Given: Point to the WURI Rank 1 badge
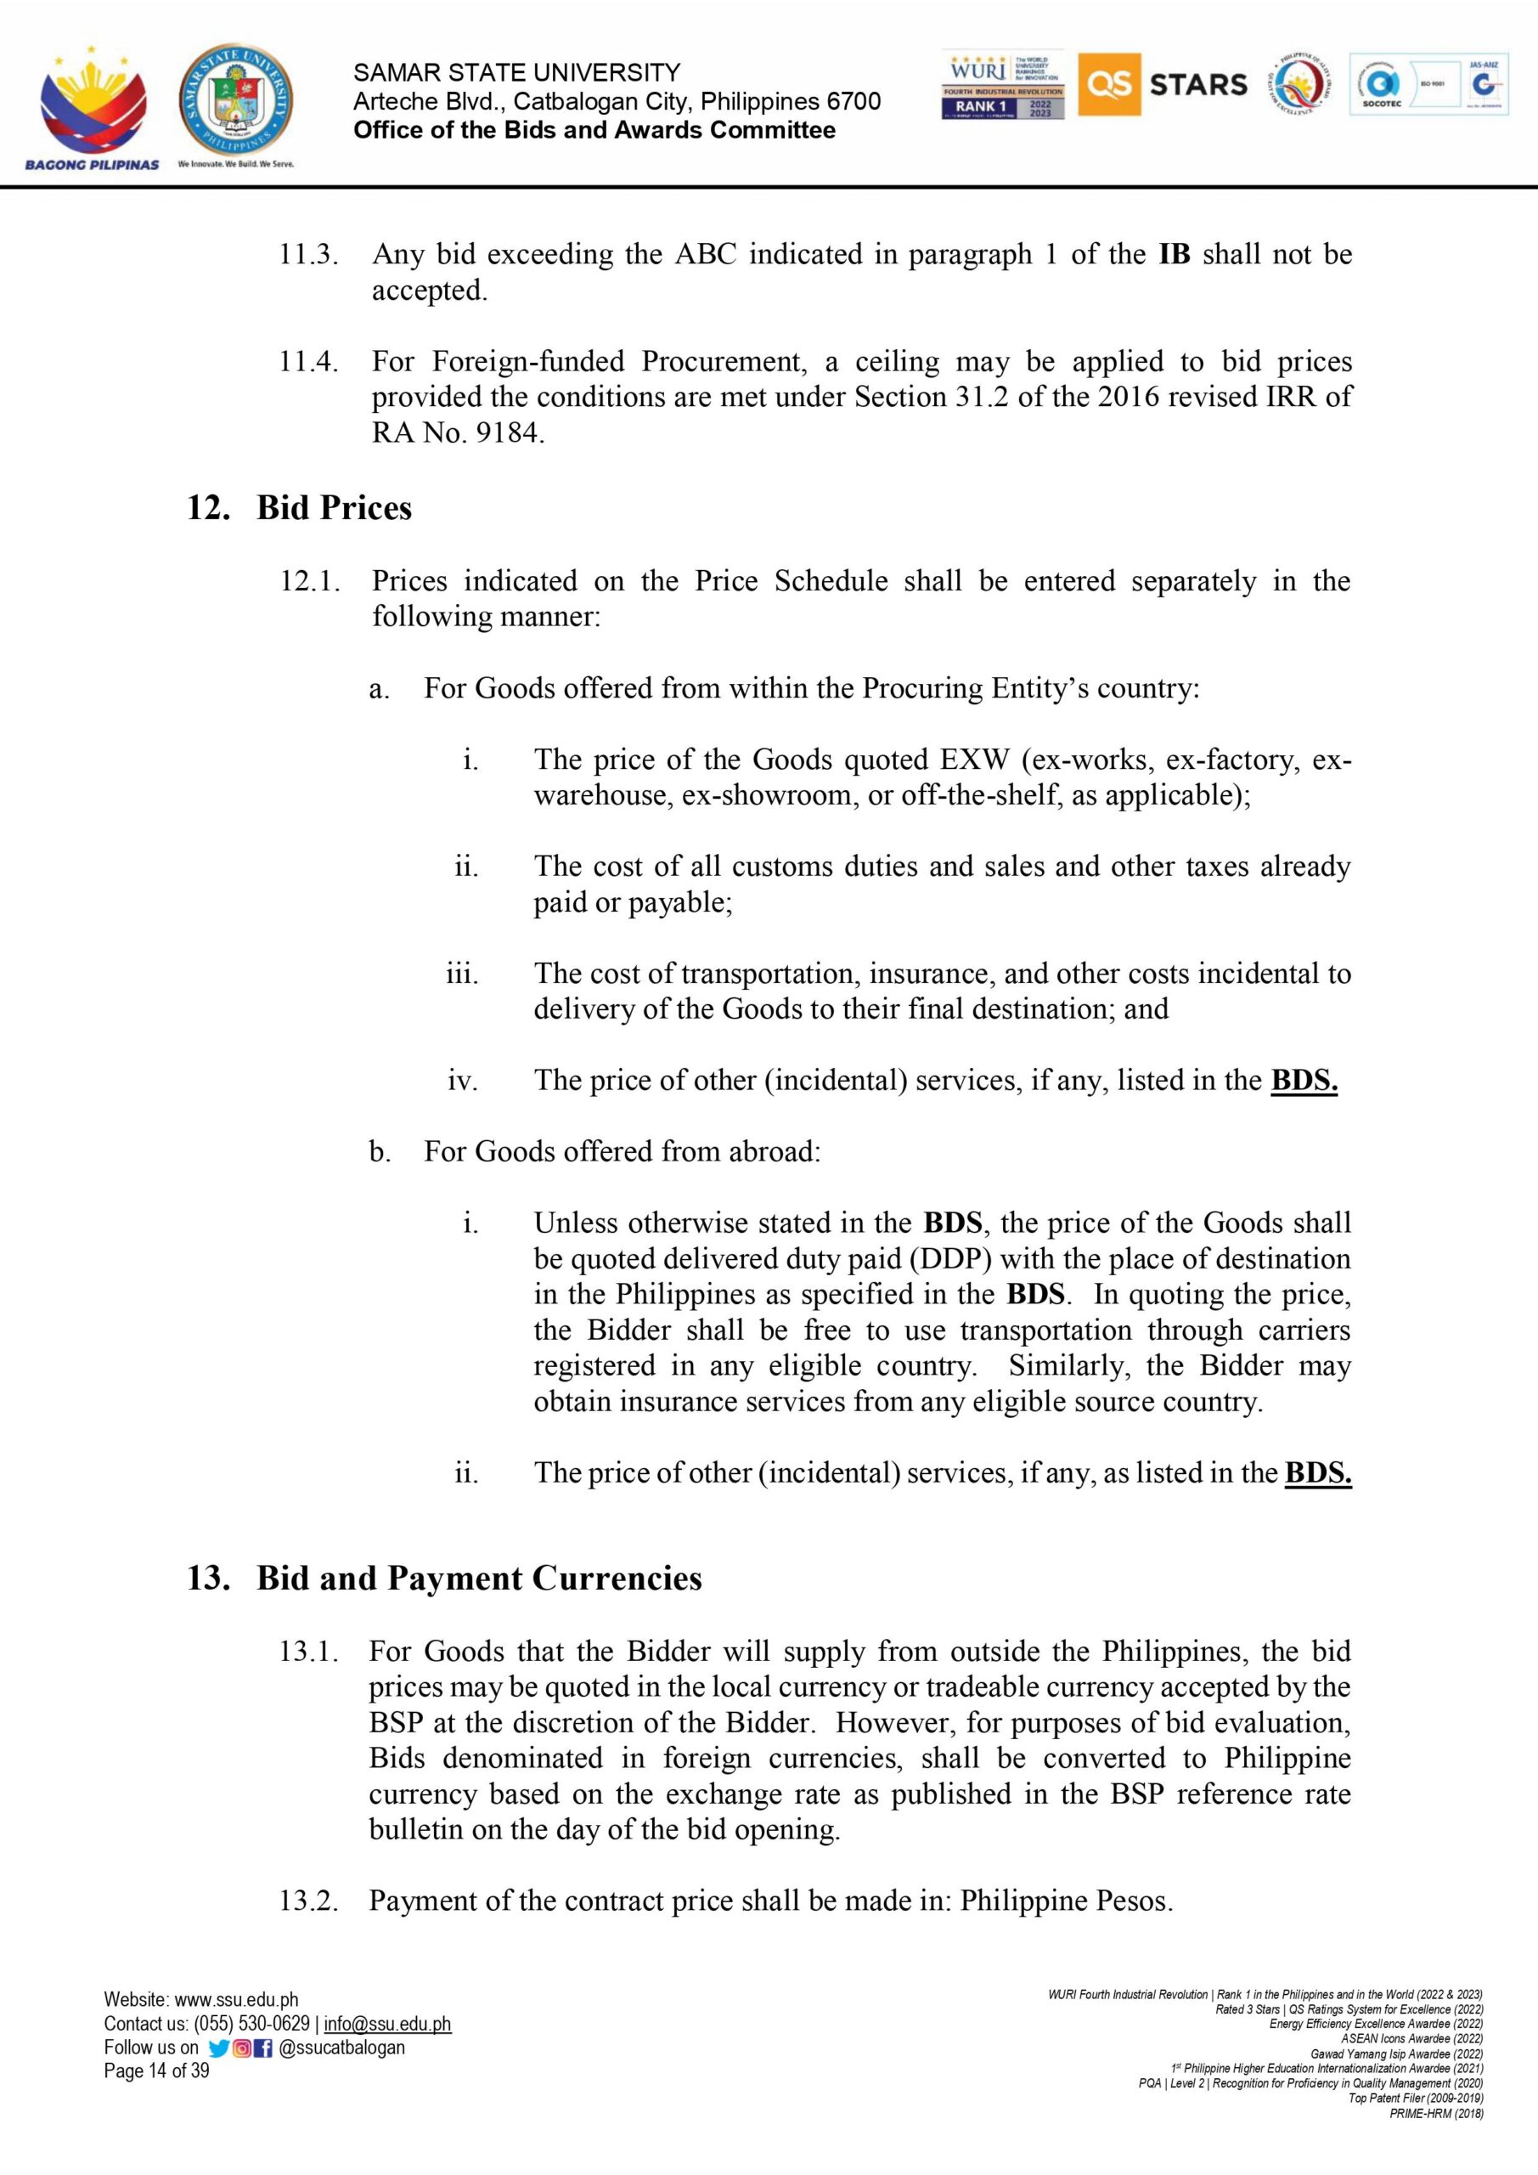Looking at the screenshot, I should (x=1003, y=84).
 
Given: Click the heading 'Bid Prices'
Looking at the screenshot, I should (x=334, y=508).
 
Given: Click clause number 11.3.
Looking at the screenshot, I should (x=307, y=255).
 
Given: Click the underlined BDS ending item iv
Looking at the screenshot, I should (x=1303, y=1081).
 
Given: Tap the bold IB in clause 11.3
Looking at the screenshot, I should (x=1174, y=255).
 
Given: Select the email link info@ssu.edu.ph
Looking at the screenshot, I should (x=386, y=2025).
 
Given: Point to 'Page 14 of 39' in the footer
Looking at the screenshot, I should (x=156, y=2070).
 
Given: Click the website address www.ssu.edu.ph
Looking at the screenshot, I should (x=236, y=2001).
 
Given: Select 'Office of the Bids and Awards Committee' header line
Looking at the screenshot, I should (x=594, y=131).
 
